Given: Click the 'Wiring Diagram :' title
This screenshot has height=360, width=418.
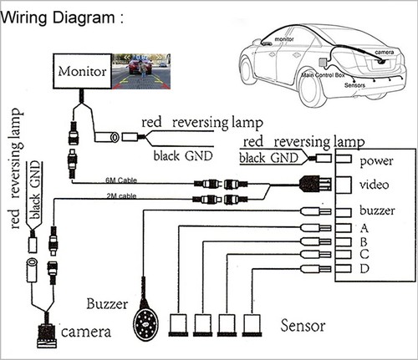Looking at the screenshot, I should [x=63, y=18].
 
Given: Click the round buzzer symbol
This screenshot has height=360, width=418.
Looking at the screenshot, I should [x=148, y=320].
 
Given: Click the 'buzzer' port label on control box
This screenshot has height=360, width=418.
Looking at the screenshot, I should [x=375, y=210].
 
